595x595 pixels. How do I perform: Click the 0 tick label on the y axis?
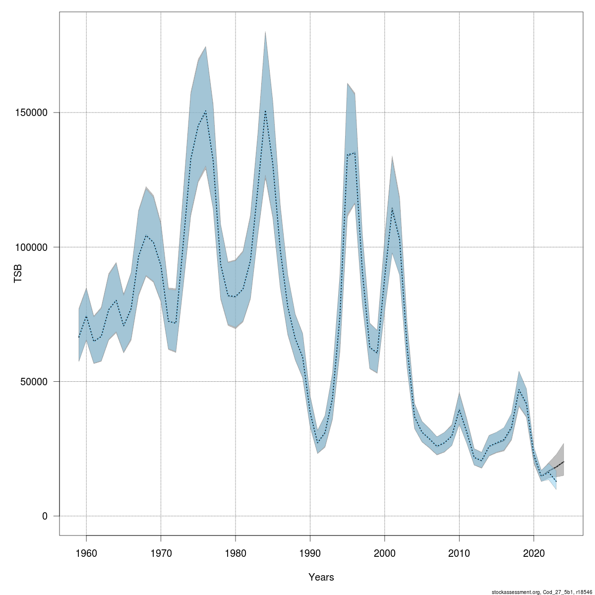point(45,516)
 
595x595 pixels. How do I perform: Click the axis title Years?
point(321,577)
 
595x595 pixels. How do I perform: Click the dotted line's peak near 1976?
point(206,111)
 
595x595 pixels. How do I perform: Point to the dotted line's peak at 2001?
point(392,207)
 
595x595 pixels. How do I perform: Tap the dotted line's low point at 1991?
point(318,443)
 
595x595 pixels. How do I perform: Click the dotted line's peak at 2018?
point(519,390)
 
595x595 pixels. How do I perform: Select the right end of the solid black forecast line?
point(564,462)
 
